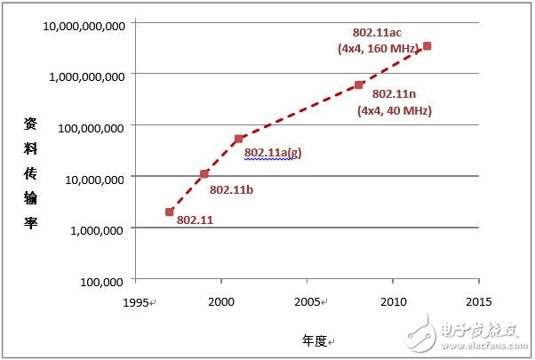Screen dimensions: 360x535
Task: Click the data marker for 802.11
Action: click(170, 212)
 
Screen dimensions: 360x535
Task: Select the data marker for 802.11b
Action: click(204, 173)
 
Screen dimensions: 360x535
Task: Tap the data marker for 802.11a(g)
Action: click(238, 139)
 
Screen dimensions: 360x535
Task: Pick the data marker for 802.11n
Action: click(359, 85)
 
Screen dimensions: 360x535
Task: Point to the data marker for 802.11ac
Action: click(427, 45)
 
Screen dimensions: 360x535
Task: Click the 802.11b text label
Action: click(231, 189)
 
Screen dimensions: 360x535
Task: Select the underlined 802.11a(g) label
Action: click(273, 152)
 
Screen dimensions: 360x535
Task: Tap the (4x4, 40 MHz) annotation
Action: click(394, 111)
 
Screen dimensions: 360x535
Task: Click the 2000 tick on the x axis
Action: click(220, 302)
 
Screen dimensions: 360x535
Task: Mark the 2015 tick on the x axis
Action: click(478, 302)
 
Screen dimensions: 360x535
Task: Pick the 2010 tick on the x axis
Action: click(393, 302)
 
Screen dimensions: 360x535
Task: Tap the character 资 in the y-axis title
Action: click(30, 126)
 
